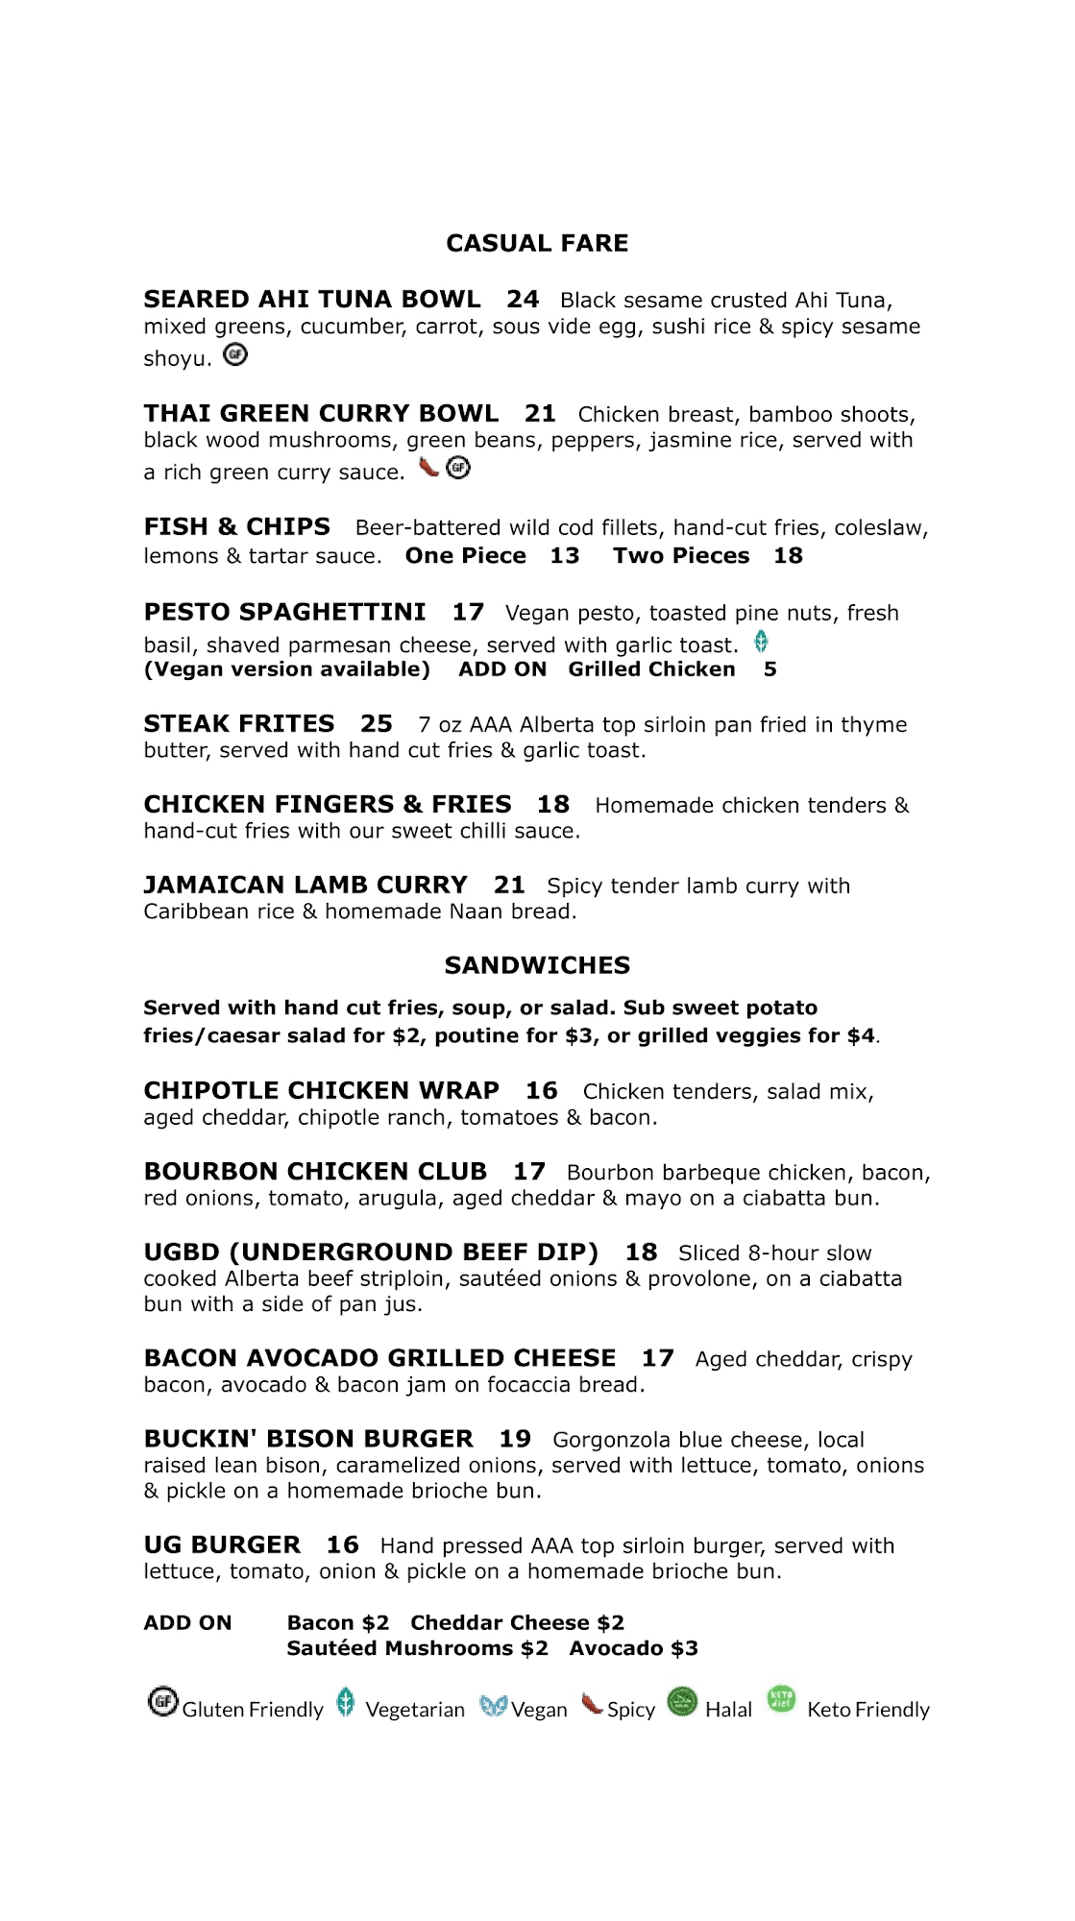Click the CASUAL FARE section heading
537,243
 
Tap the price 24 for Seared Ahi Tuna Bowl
523,300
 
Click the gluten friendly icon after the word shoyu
235,355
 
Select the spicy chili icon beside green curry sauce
428,468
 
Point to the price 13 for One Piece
565,556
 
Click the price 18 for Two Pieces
788,556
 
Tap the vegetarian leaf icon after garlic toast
761,642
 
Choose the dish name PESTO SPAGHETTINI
284,613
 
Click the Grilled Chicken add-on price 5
770,669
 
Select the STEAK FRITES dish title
239,724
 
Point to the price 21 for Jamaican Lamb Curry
509,885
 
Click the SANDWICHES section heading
537,965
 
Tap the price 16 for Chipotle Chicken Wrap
542,1091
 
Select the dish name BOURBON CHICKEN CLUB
315,1172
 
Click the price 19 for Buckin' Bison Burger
515,1439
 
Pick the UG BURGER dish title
222,1545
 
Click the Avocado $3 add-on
633,1649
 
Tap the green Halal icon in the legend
682,1702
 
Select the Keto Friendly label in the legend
868,1710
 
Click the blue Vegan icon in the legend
493,1706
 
